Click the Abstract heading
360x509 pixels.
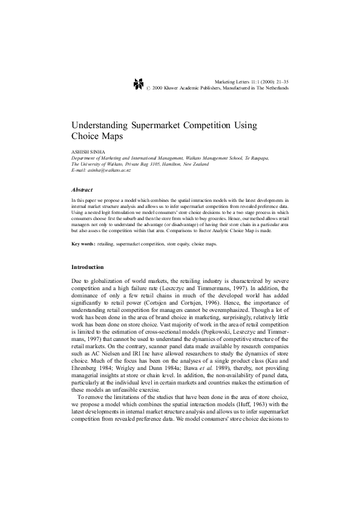pyautogui.click(x=82, y=190)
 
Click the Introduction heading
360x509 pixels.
pyautogui.click(x=88, y=267)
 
